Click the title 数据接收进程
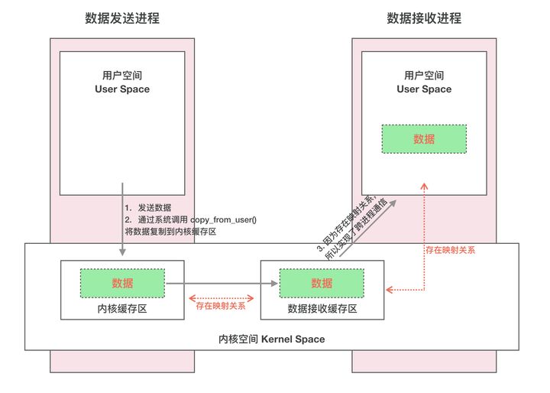424,18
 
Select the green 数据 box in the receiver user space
424,138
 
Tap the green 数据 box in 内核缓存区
122,283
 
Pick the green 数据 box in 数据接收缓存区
322,283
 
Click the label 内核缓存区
122,308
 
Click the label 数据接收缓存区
322,308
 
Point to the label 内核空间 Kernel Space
271,338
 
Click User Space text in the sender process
122,89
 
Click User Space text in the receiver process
424,89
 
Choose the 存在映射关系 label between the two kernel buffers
221,306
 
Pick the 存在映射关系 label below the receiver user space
450,250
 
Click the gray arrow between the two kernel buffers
222,283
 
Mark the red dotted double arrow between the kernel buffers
221,297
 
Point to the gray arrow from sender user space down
122,222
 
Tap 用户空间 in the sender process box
122,76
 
